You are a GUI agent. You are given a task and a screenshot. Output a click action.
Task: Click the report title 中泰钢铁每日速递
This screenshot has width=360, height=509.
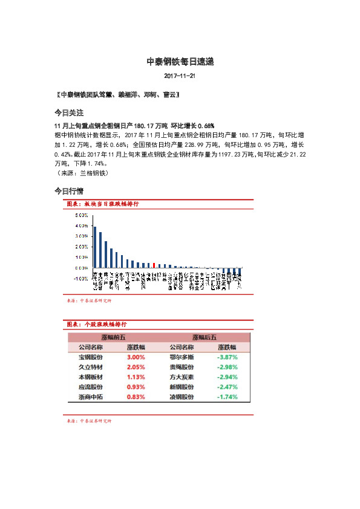point(180,62)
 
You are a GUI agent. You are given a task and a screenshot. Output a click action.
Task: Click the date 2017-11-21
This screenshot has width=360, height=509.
point(180,76)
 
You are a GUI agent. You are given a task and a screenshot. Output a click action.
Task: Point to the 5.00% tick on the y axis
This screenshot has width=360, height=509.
point(82,215)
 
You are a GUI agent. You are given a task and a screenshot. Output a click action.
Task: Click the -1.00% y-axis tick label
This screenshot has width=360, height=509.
point(80,279)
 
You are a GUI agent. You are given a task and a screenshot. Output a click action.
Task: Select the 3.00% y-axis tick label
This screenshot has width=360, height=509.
point(82,236)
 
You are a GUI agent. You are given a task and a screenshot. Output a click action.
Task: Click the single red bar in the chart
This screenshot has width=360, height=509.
point(154,265)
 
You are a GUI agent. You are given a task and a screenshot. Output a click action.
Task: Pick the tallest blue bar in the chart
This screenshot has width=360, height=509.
point(95,247)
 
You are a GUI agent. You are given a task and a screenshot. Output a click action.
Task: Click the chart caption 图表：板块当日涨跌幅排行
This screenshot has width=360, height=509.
point(103,204)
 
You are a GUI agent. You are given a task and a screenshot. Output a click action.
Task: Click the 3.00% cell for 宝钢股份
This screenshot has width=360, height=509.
point(136,357)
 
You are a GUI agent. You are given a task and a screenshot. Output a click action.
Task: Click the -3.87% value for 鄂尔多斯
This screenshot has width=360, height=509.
point(227,357)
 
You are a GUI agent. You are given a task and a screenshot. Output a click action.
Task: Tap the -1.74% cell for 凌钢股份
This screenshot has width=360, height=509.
point(227,397)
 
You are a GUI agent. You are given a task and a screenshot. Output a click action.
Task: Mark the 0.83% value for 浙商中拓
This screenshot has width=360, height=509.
point(136,397)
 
